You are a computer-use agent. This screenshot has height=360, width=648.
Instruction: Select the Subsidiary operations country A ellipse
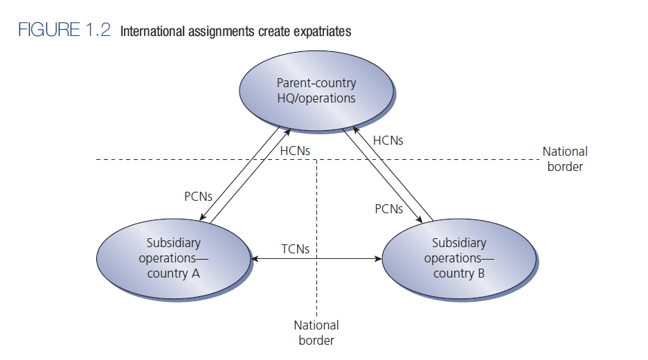173,258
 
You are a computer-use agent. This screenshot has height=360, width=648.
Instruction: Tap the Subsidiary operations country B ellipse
458,258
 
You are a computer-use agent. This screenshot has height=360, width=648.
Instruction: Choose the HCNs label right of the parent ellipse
388,140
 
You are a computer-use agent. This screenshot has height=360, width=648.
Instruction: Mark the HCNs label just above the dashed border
295,150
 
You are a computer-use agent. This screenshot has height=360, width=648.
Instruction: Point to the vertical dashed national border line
316,208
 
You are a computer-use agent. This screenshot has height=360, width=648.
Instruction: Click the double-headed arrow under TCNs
316,260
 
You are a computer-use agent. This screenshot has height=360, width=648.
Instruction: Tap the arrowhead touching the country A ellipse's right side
254,260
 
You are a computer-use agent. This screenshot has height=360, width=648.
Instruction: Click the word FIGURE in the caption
42,31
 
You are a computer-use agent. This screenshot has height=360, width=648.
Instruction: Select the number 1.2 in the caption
96,31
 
